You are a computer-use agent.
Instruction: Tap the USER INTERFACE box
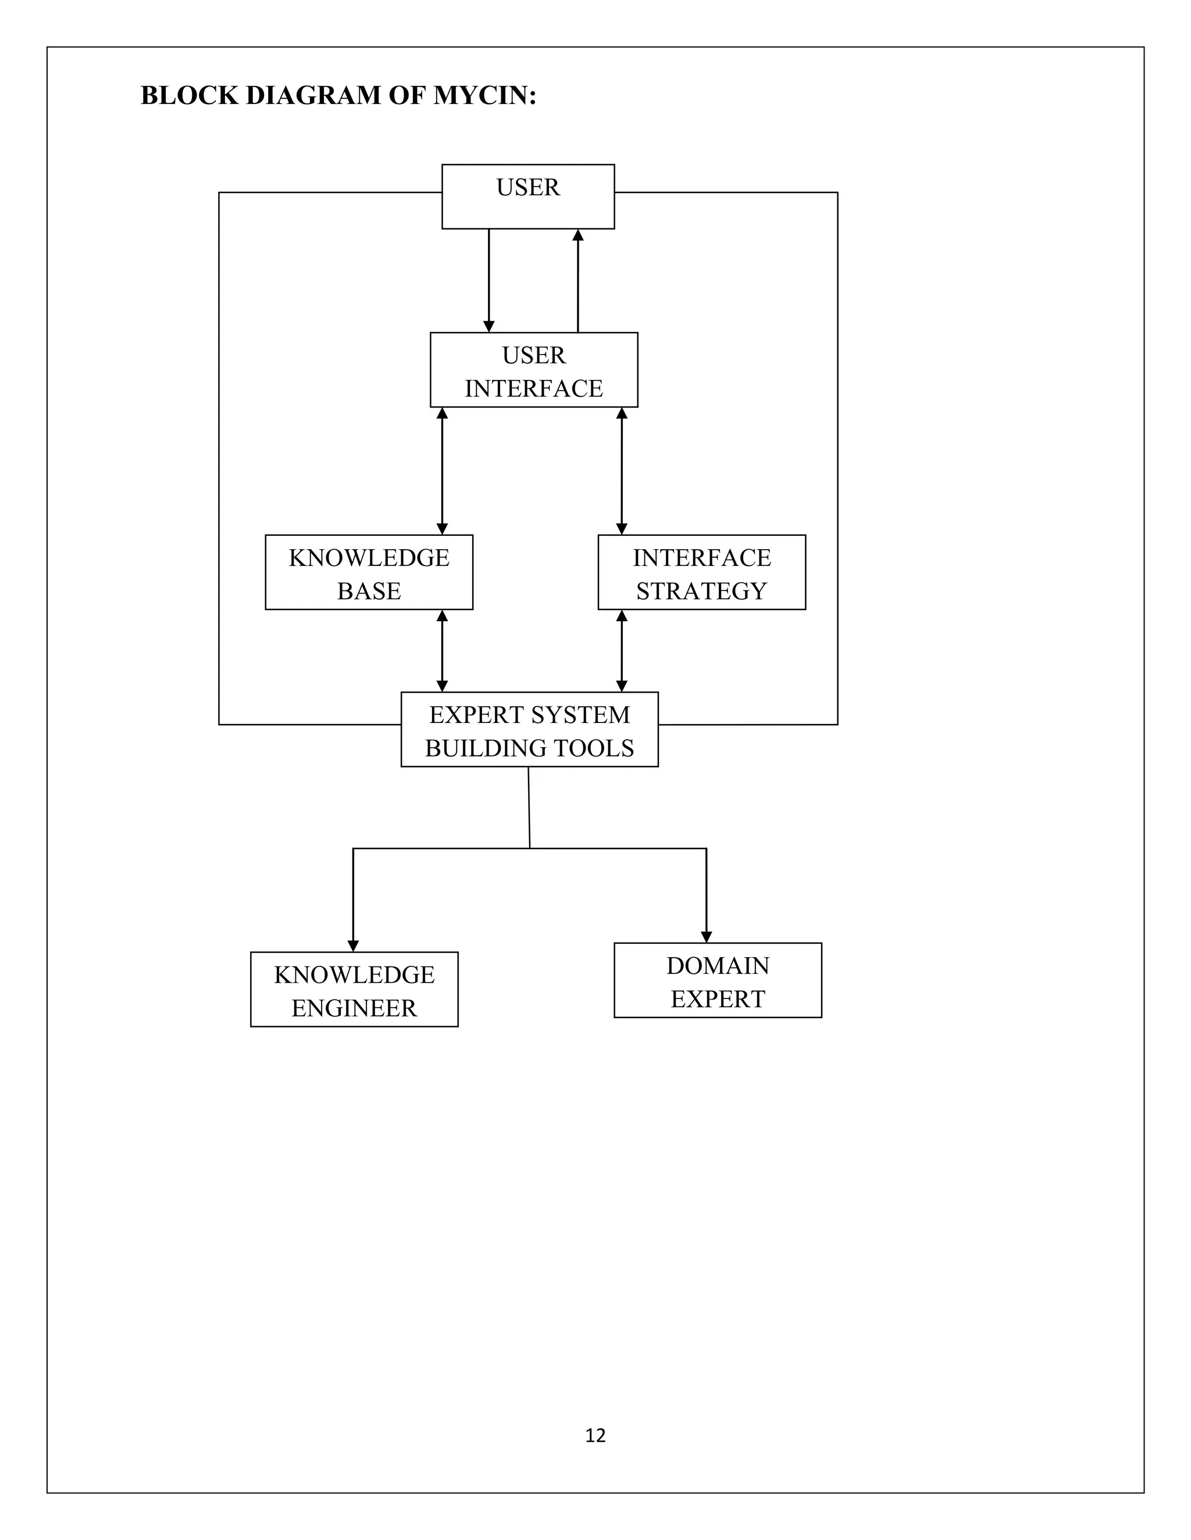pos(533,370)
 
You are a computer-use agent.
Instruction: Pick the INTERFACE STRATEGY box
pos(701,572)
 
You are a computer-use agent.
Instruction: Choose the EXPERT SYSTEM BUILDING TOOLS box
pos(529,730)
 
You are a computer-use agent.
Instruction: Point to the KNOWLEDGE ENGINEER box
pos(354,990)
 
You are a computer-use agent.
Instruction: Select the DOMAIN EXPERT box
pos(718,981)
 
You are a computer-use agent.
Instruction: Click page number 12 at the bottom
pos(595,1435)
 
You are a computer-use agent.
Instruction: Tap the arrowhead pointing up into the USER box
pos(578,235)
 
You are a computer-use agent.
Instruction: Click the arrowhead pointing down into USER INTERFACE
pos(489,327)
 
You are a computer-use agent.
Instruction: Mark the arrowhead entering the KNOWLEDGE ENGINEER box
pos(354,946)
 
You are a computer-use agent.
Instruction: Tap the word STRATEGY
pos(701,591)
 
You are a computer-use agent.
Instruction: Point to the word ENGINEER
pos(354,1008)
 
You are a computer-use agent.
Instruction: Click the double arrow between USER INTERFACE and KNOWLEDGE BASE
pos(443,471)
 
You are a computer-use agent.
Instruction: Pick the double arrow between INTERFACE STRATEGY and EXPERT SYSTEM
pos(622,651)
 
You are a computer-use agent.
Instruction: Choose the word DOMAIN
pos(718,966)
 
